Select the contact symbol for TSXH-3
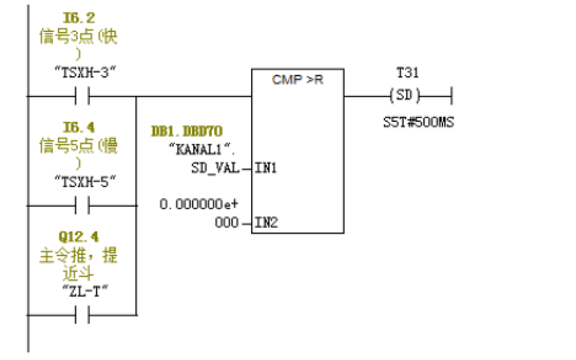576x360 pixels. pyautogui.click(x=82, y=95)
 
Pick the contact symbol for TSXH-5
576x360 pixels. pyautogui.click(x=82, y=205)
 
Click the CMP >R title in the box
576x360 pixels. pyautogui.click(x=297, y=80)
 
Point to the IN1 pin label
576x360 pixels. pyautogui.click(x=264, y=168)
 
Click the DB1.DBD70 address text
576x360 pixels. pyautogui.click(x=187, y=131)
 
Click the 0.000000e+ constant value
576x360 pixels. pyautogui.click(x=199, y=205)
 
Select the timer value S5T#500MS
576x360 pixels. pyautogui.click(x=418, y=122)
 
